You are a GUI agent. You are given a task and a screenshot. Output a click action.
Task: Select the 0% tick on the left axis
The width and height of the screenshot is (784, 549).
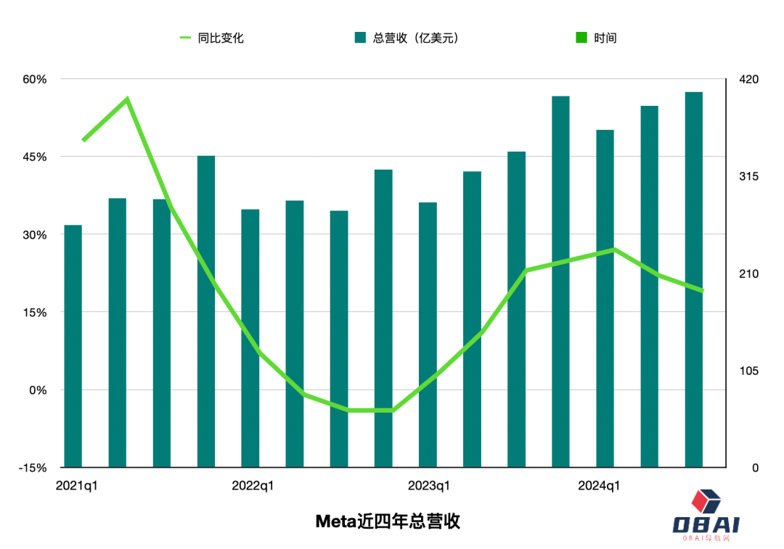click(x=37, y=390)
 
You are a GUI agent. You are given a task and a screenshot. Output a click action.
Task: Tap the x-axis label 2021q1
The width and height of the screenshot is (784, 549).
click(x=77, y=486)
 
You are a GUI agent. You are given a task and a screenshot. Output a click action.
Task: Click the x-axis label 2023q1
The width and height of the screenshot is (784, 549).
click(x=429, y=486)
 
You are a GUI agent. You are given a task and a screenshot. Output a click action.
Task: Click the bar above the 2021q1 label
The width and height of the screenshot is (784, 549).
click(x=73, y=348)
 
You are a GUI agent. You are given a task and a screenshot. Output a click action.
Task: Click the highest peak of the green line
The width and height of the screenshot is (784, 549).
click(x=127, y=99)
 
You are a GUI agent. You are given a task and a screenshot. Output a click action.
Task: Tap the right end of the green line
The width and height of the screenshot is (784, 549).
click(x=702, y=290)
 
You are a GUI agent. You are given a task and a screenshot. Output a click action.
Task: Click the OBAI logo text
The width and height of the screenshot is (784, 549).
click(x=705, y=524)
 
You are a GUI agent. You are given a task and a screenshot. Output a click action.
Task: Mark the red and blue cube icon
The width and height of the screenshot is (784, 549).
click(x=706, y=499)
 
